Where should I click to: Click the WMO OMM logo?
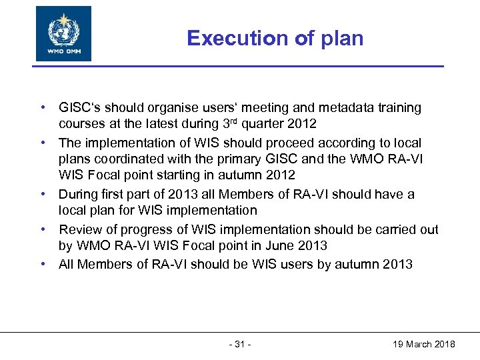[63, 34]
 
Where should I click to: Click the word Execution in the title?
[228, 38]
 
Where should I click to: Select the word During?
[77, 194]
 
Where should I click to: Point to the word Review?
[79, 229]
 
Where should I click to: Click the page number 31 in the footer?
[240, 344]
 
